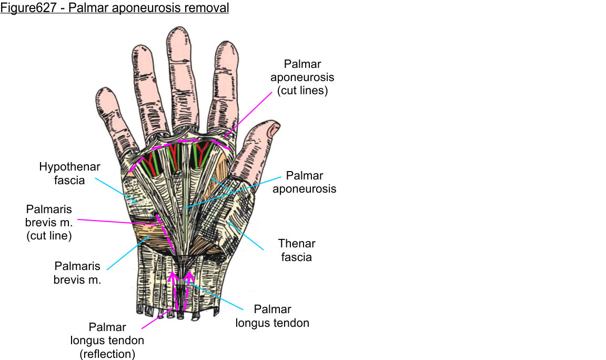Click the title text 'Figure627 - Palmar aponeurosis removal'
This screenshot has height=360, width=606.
[115, 8]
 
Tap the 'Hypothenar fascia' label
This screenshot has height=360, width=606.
[69, 173]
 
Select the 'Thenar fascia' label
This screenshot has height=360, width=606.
[296, 251]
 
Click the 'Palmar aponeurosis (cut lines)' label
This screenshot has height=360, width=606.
[302, 77]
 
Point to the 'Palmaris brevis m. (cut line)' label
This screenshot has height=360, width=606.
[48, 223]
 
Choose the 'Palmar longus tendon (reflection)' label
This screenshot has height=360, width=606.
[107, 341]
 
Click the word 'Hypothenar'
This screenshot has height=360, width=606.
[69, 167]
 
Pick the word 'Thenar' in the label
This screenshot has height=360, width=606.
[296, 244]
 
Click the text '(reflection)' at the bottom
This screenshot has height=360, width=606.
[107, 354]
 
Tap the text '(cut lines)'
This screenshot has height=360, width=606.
[302, 90]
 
